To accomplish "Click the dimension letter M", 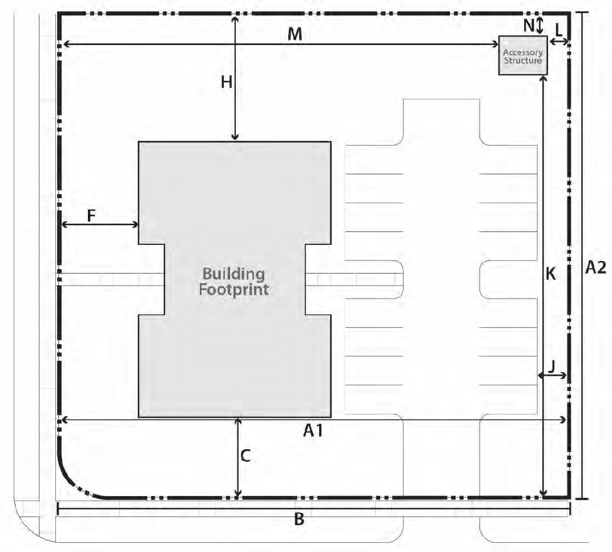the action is point(295,34).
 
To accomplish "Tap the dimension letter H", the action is point(227,82).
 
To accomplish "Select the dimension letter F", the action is point(91,215).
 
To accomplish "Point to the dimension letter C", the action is point(245,456).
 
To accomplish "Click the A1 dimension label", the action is point(313,430).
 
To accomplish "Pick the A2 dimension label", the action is point(595,267).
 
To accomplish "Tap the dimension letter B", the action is point(299,519).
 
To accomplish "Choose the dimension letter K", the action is point(551,274).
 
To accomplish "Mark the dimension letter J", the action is point(551,367).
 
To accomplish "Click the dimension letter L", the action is point(559,30).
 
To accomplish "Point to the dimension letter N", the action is point(529,25).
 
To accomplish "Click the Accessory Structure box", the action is point(523,55).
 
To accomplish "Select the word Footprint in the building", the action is point(234,289).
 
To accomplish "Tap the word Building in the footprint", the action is point(234,274).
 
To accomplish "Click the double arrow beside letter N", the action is point(539,25).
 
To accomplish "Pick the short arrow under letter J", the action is point(552,376).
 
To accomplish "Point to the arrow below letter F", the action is point(100,224).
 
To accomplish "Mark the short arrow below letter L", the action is point(559,41).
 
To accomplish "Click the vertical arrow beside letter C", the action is point(239,458).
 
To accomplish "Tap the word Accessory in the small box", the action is point(523,53).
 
